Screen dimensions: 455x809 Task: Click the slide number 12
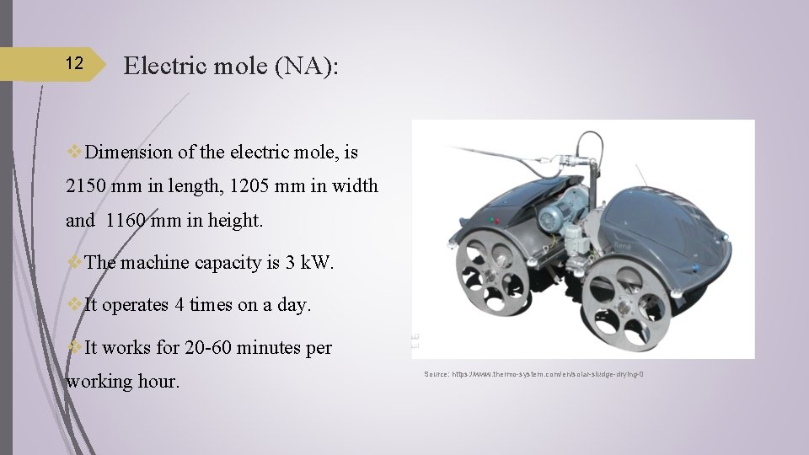[x=74, y=64]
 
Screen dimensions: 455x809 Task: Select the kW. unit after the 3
[x=317, y=263]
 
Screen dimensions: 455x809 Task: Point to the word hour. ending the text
[x=157, y=382]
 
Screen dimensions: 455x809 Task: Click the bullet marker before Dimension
[x=74, y=153]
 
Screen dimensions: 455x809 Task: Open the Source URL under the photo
[x=534, y=373]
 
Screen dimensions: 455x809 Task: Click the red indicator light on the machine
[x=496, y=222]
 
